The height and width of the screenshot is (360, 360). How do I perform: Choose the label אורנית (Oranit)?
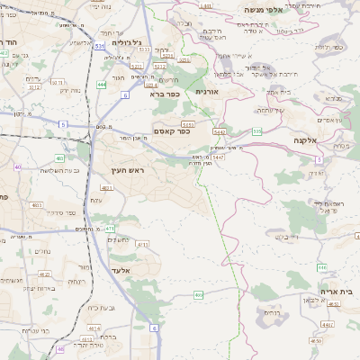207,90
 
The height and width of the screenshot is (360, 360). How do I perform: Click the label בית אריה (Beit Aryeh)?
336,292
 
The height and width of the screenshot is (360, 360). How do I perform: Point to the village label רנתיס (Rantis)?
271,312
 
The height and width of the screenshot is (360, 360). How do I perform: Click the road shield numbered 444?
100,85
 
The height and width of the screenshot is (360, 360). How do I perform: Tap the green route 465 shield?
198,294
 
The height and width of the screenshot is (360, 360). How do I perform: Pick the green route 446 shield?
321,267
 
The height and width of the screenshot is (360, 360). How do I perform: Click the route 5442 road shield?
219,131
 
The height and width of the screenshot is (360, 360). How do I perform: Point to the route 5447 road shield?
219,157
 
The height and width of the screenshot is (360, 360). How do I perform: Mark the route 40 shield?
18,166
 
